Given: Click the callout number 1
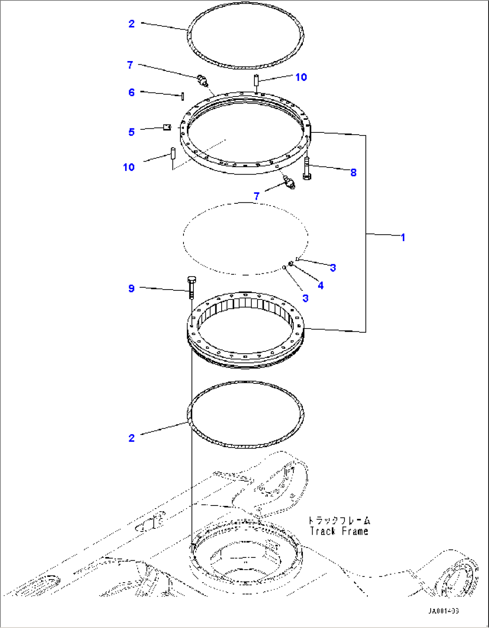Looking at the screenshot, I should pyautogui.click(x=403, y=237).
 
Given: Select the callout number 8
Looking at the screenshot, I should pyautogui.click(x=354, y=172).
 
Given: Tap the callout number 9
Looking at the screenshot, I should pyautogui.click(x=131, y=288).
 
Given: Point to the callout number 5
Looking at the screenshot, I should pyautogui.click(x=131, y=132).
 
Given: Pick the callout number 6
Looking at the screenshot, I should pyautogui.click(x=131, y=92).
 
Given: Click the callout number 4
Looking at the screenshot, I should pyautogui.click(x=320, y=285).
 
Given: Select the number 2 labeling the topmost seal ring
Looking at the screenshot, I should pyautogui.click(x=131, y=23).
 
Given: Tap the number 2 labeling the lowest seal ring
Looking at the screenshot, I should pyautogui.click(x=131, y=438).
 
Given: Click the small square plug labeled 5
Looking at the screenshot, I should pyautogui.click(x=166, y=127).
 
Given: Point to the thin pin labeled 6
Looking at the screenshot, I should pyautogui.click(x=183, y=96).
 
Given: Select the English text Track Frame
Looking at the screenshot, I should pyautogui.click(x=339, y=531).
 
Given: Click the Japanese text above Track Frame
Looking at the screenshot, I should pyautogui.click(x=339, y=521).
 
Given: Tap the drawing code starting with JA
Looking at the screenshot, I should pyautogui.click(x=443, y=611).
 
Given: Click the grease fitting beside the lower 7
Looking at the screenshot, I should pyautogui.click(x=288, y=183).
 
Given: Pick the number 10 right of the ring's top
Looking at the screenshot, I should pyautogui.click(x=301, y=77).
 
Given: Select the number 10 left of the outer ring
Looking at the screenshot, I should pyautogui.click(x=129, y=167).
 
